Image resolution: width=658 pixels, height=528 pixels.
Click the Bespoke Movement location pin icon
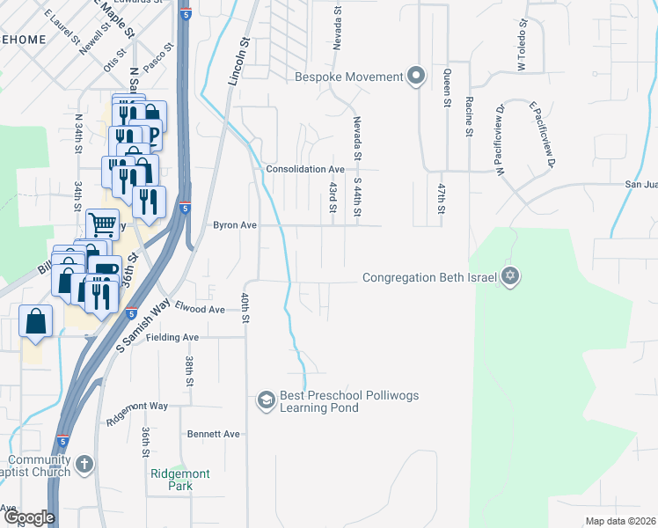click(x=416, y=77)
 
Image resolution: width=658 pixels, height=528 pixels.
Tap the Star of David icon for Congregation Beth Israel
click(x=509, y=277)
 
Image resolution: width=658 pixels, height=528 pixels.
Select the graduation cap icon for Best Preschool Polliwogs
click(x=265, y=401)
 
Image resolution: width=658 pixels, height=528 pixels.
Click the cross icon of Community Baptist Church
click(x=84, y=465)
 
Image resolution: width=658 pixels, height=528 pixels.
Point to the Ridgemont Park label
click(x=180, y=480)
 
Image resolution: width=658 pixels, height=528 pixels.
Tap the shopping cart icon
click(x=102, y=224)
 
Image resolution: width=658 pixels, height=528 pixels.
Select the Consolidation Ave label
click(x=305, y=169)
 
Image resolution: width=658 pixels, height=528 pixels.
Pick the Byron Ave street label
click(x=235, y=225)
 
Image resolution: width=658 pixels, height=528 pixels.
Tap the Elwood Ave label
click(x=200, y=309)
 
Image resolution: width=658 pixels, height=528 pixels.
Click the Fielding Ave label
click(x=172, y=337)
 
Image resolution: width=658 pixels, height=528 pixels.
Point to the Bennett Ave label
click(x=213, y=434)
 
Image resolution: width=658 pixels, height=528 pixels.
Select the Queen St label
click(x=448, y=88)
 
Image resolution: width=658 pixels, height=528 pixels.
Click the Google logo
click(x=28, y=518)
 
